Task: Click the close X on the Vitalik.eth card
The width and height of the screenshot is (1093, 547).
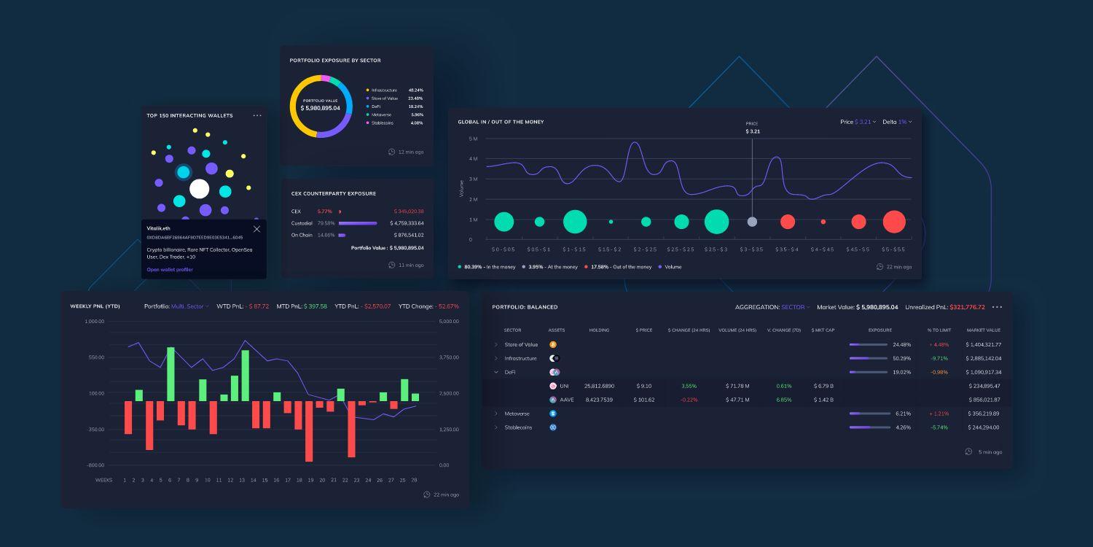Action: click(x=256, y=229)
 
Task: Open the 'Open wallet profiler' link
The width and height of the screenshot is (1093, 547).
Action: click(x=170, y=270)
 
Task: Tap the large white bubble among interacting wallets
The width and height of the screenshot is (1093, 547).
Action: click(x=199, y=189)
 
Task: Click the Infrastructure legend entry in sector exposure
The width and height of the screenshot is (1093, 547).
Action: click(x=383, y=90)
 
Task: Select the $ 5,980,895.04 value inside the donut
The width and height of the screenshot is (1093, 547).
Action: click(x=320, y=108)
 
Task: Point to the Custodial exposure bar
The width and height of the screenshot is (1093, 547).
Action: click(x=358, y=223)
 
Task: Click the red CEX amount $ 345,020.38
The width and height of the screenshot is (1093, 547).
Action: click(x=408, y=212)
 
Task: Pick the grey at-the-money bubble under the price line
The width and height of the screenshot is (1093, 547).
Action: click(x=752, y=222)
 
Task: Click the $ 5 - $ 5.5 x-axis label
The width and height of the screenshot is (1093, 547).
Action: click(x=893, y=249)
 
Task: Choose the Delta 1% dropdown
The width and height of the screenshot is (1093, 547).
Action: click(x=897, y=122)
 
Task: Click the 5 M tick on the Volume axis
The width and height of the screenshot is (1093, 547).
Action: click(x=474, y=139)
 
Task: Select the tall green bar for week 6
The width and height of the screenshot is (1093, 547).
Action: click(x=171, y=373)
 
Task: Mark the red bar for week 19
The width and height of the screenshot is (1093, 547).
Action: click(x=309, y=431)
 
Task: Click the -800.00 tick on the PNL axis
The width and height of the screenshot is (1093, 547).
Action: click(x=95, y=465)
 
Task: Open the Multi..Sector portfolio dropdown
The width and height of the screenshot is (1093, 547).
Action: click(x=189, y=306)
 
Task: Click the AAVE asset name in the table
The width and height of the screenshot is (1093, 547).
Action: click(x=567, y=400)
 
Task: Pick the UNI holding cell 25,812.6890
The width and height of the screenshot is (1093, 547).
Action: click(x=599, y=386)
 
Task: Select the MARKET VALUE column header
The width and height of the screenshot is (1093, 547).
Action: click(x=983, y=330)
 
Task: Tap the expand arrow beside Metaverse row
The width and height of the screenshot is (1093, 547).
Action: click(x=496, y=414)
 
